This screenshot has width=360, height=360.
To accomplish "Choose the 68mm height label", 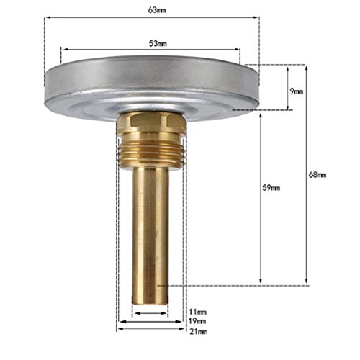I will click(317, 175).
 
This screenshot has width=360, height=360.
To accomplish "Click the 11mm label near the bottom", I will click(197, 311).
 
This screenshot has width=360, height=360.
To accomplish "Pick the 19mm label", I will click(197, 321).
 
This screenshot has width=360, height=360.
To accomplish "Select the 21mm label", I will click(197, 332).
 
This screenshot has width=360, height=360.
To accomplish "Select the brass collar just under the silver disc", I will click(151, 122).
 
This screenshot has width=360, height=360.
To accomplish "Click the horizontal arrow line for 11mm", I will click(144, 315).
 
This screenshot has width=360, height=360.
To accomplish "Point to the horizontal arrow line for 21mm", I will click(151, 329).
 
